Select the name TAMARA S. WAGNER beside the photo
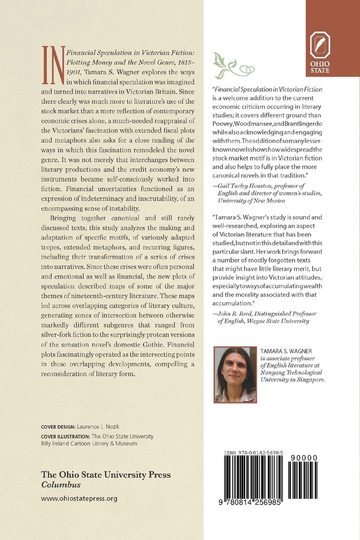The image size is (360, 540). coord(286,351)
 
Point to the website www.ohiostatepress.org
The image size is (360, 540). coord(79,498)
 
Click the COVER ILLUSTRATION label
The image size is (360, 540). coord(66,436)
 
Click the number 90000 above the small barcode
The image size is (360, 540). coord(304,458)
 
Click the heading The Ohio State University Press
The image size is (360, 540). coord(106,474)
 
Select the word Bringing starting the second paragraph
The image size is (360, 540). coord(64,218)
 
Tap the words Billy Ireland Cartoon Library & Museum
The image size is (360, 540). coord(89,444)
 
